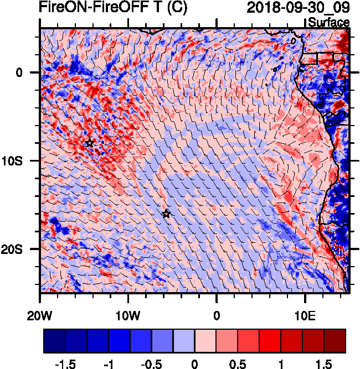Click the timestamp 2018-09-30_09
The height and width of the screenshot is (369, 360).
[298, 8]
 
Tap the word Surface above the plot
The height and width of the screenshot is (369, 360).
[328, 22]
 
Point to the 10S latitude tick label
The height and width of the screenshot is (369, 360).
[23, 160]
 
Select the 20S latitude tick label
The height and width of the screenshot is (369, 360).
[23, 249]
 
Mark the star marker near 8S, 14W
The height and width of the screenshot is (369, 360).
[90, 143]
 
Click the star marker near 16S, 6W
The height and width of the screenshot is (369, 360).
[166, 214]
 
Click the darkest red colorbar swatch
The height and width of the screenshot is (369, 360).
[335, 341]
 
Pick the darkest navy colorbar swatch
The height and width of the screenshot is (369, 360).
[54, 341]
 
